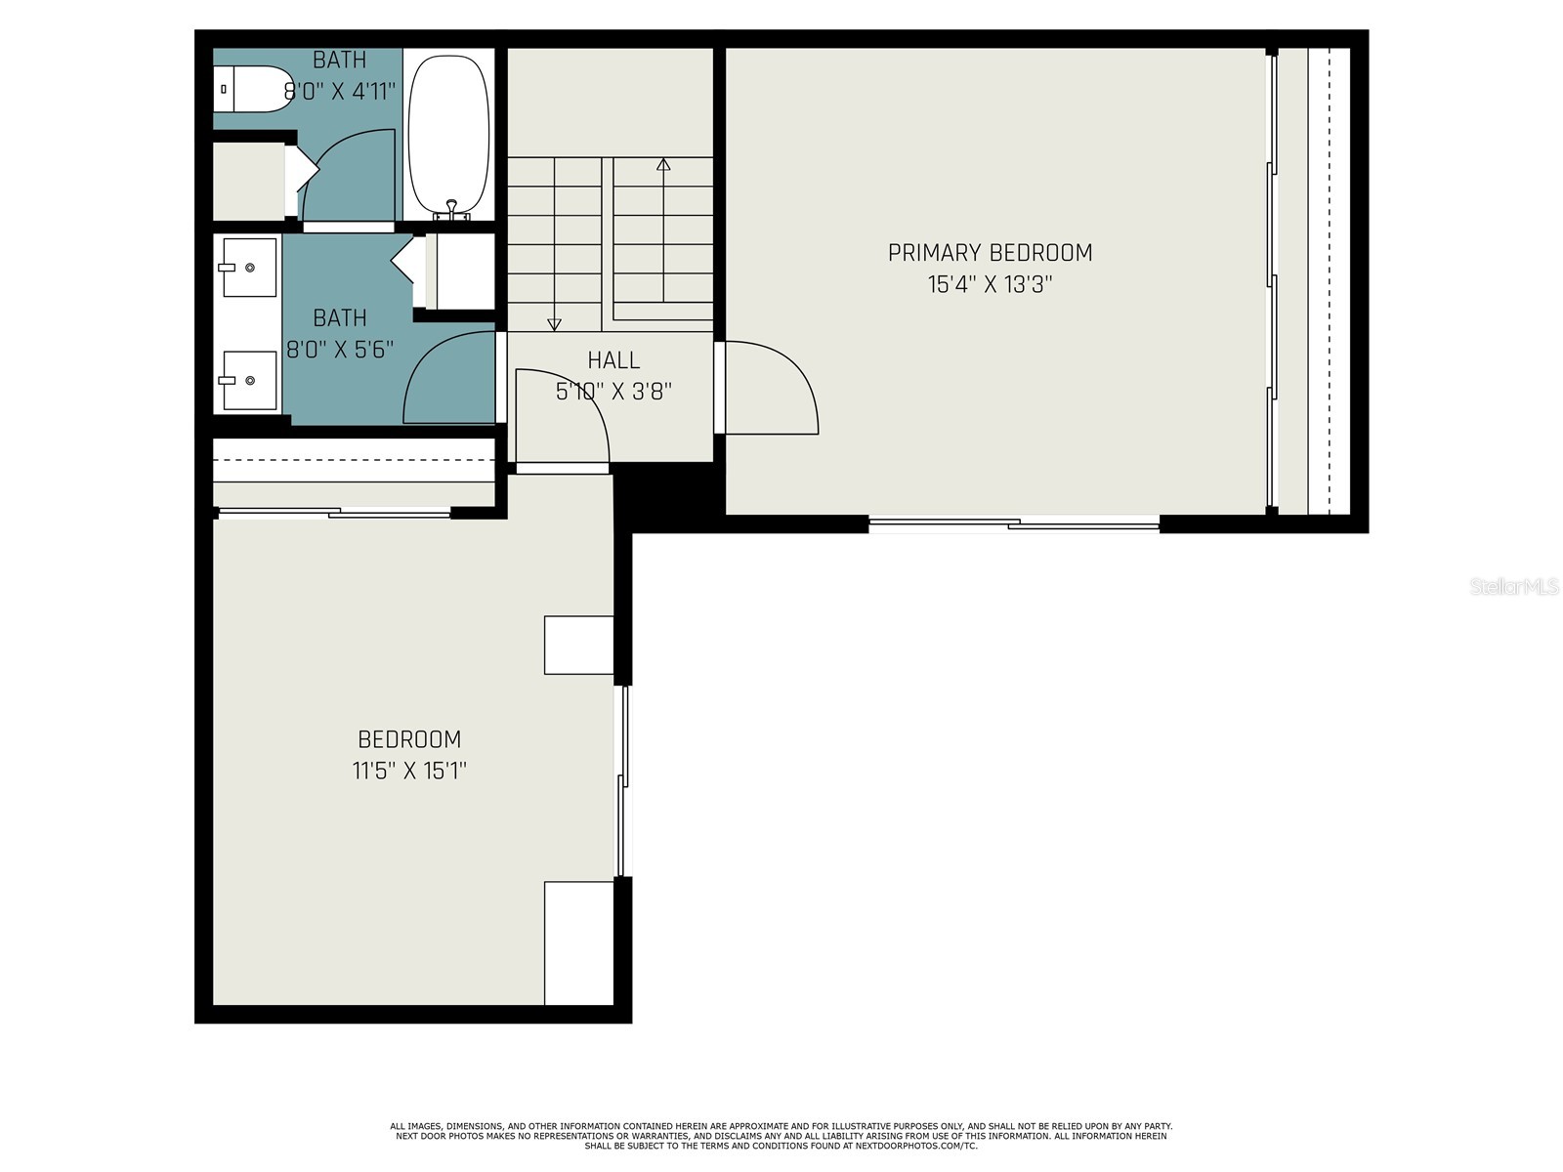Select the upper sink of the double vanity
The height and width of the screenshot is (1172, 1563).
(x=249, y=267)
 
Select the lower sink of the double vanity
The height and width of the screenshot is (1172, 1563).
(x=249, y=380)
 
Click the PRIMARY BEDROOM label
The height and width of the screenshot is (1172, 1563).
(x=990, y=253)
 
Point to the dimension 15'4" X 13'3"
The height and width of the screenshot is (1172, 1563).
(x=990, y=285)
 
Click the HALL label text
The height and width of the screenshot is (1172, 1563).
(x=613, y=360)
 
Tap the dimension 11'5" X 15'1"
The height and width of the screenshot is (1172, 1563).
(x=409, y=771)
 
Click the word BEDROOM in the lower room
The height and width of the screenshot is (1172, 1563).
(x=409, y=739)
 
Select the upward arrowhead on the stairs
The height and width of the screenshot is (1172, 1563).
(x=663, y=164)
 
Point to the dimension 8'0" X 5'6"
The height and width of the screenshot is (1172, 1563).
(x=340, y=349)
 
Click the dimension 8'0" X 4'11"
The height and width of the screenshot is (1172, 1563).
(x=340, y=91)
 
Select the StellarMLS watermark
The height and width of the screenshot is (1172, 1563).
(x=1514, y=587)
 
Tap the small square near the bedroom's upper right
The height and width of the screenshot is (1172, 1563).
(x=578, y=645)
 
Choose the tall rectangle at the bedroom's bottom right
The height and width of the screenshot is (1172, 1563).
(x=578, y=942)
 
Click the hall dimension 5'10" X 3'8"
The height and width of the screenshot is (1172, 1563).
(x=613, y=392)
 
